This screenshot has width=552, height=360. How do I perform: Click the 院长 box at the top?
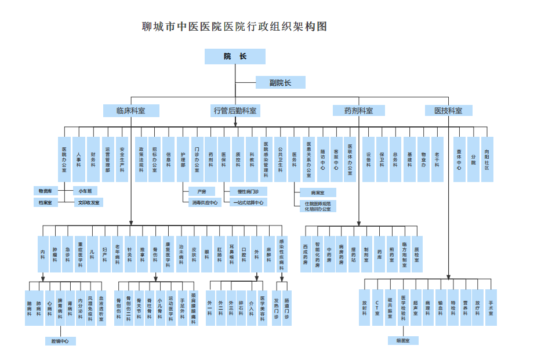[235, 56]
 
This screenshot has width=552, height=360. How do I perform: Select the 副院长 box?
[280, 82]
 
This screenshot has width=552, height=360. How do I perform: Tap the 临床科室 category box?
[130, 110]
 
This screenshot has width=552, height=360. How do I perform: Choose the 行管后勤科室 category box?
[235, 110]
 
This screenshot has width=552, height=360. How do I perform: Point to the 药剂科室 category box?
[358, 110]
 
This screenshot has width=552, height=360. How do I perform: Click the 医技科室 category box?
[448, 110]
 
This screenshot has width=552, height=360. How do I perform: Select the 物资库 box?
[45, 191]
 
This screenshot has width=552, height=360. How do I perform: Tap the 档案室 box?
[45, 202]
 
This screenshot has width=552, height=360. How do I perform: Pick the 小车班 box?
[85, 191]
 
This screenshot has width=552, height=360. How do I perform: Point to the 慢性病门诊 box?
[248, 191]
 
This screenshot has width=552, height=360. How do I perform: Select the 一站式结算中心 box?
[248, 202]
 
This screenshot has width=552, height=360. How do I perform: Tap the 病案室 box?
[318, 192]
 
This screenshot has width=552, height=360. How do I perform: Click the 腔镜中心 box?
[61, 341]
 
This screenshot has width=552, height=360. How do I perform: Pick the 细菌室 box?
[403, 340]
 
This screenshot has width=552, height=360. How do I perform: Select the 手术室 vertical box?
[491, 307]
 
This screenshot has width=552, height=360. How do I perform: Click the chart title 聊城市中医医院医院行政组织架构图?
[235, 27]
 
